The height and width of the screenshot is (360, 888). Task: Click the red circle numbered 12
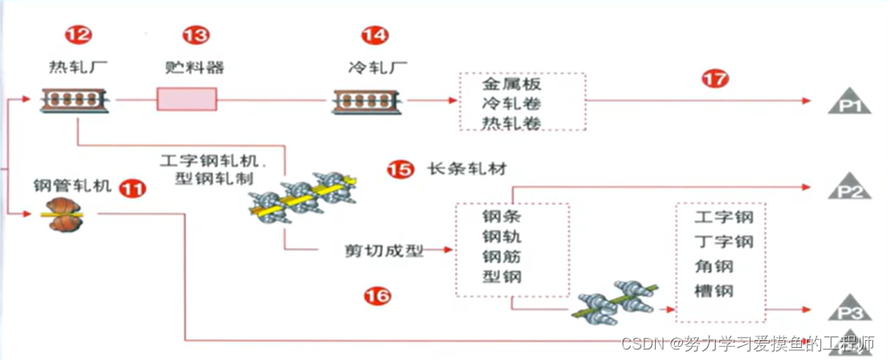(x=78, y=36)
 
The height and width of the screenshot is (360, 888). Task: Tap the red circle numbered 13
(x=196, y=36)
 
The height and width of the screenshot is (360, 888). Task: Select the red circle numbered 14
(x=374, y=36)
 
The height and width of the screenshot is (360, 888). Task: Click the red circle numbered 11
(x=132, y=186)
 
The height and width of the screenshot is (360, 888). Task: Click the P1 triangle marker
(x=850, y=103)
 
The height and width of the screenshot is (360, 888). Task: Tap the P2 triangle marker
(x=850, y=187)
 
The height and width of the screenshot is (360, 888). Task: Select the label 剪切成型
(x=384, y=251)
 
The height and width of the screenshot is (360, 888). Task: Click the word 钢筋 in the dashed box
(x=502, y=257)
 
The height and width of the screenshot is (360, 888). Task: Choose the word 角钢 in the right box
(x=714, y=266)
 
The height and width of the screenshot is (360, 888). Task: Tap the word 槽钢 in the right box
(x=714, y=290)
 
